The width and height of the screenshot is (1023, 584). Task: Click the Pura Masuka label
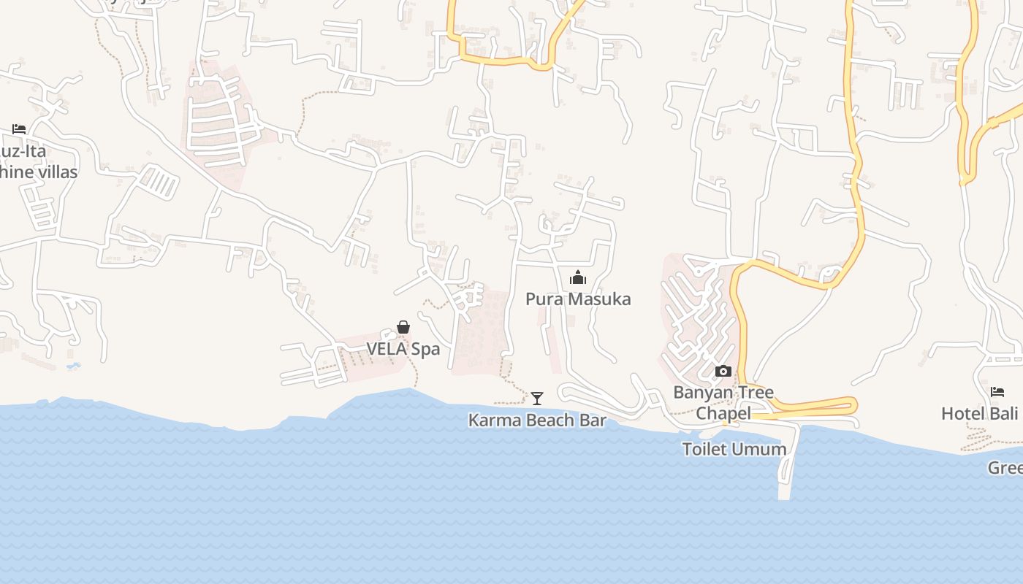tap(578, 299)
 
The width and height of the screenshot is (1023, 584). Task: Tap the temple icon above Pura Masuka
tap(578, 277)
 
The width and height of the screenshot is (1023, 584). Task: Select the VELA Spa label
tap(403, 349)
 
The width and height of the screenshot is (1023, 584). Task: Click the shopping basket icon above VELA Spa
tap(403, 327)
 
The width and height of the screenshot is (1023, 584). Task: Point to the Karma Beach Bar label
tap(537, 420)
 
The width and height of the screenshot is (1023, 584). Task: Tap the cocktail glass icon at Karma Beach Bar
tap(537, 398)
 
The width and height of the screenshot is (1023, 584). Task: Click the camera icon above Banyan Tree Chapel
tap(723, 371)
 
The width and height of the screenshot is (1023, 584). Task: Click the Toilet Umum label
tap(734, 449)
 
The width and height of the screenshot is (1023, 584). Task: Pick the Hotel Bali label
tap(980, 414)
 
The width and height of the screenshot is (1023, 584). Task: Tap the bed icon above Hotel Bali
tap(997, 392)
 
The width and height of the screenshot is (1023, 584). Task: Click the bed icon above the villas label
tap(19, 129)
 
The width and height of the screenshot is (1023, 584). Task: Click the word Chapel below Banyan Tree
tap(723, 414)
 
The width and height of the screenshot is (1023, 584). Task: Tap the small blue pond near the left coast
tap(72, 365)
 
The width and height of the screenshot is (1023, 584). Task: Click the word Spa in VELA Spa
tap(426, 349)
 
